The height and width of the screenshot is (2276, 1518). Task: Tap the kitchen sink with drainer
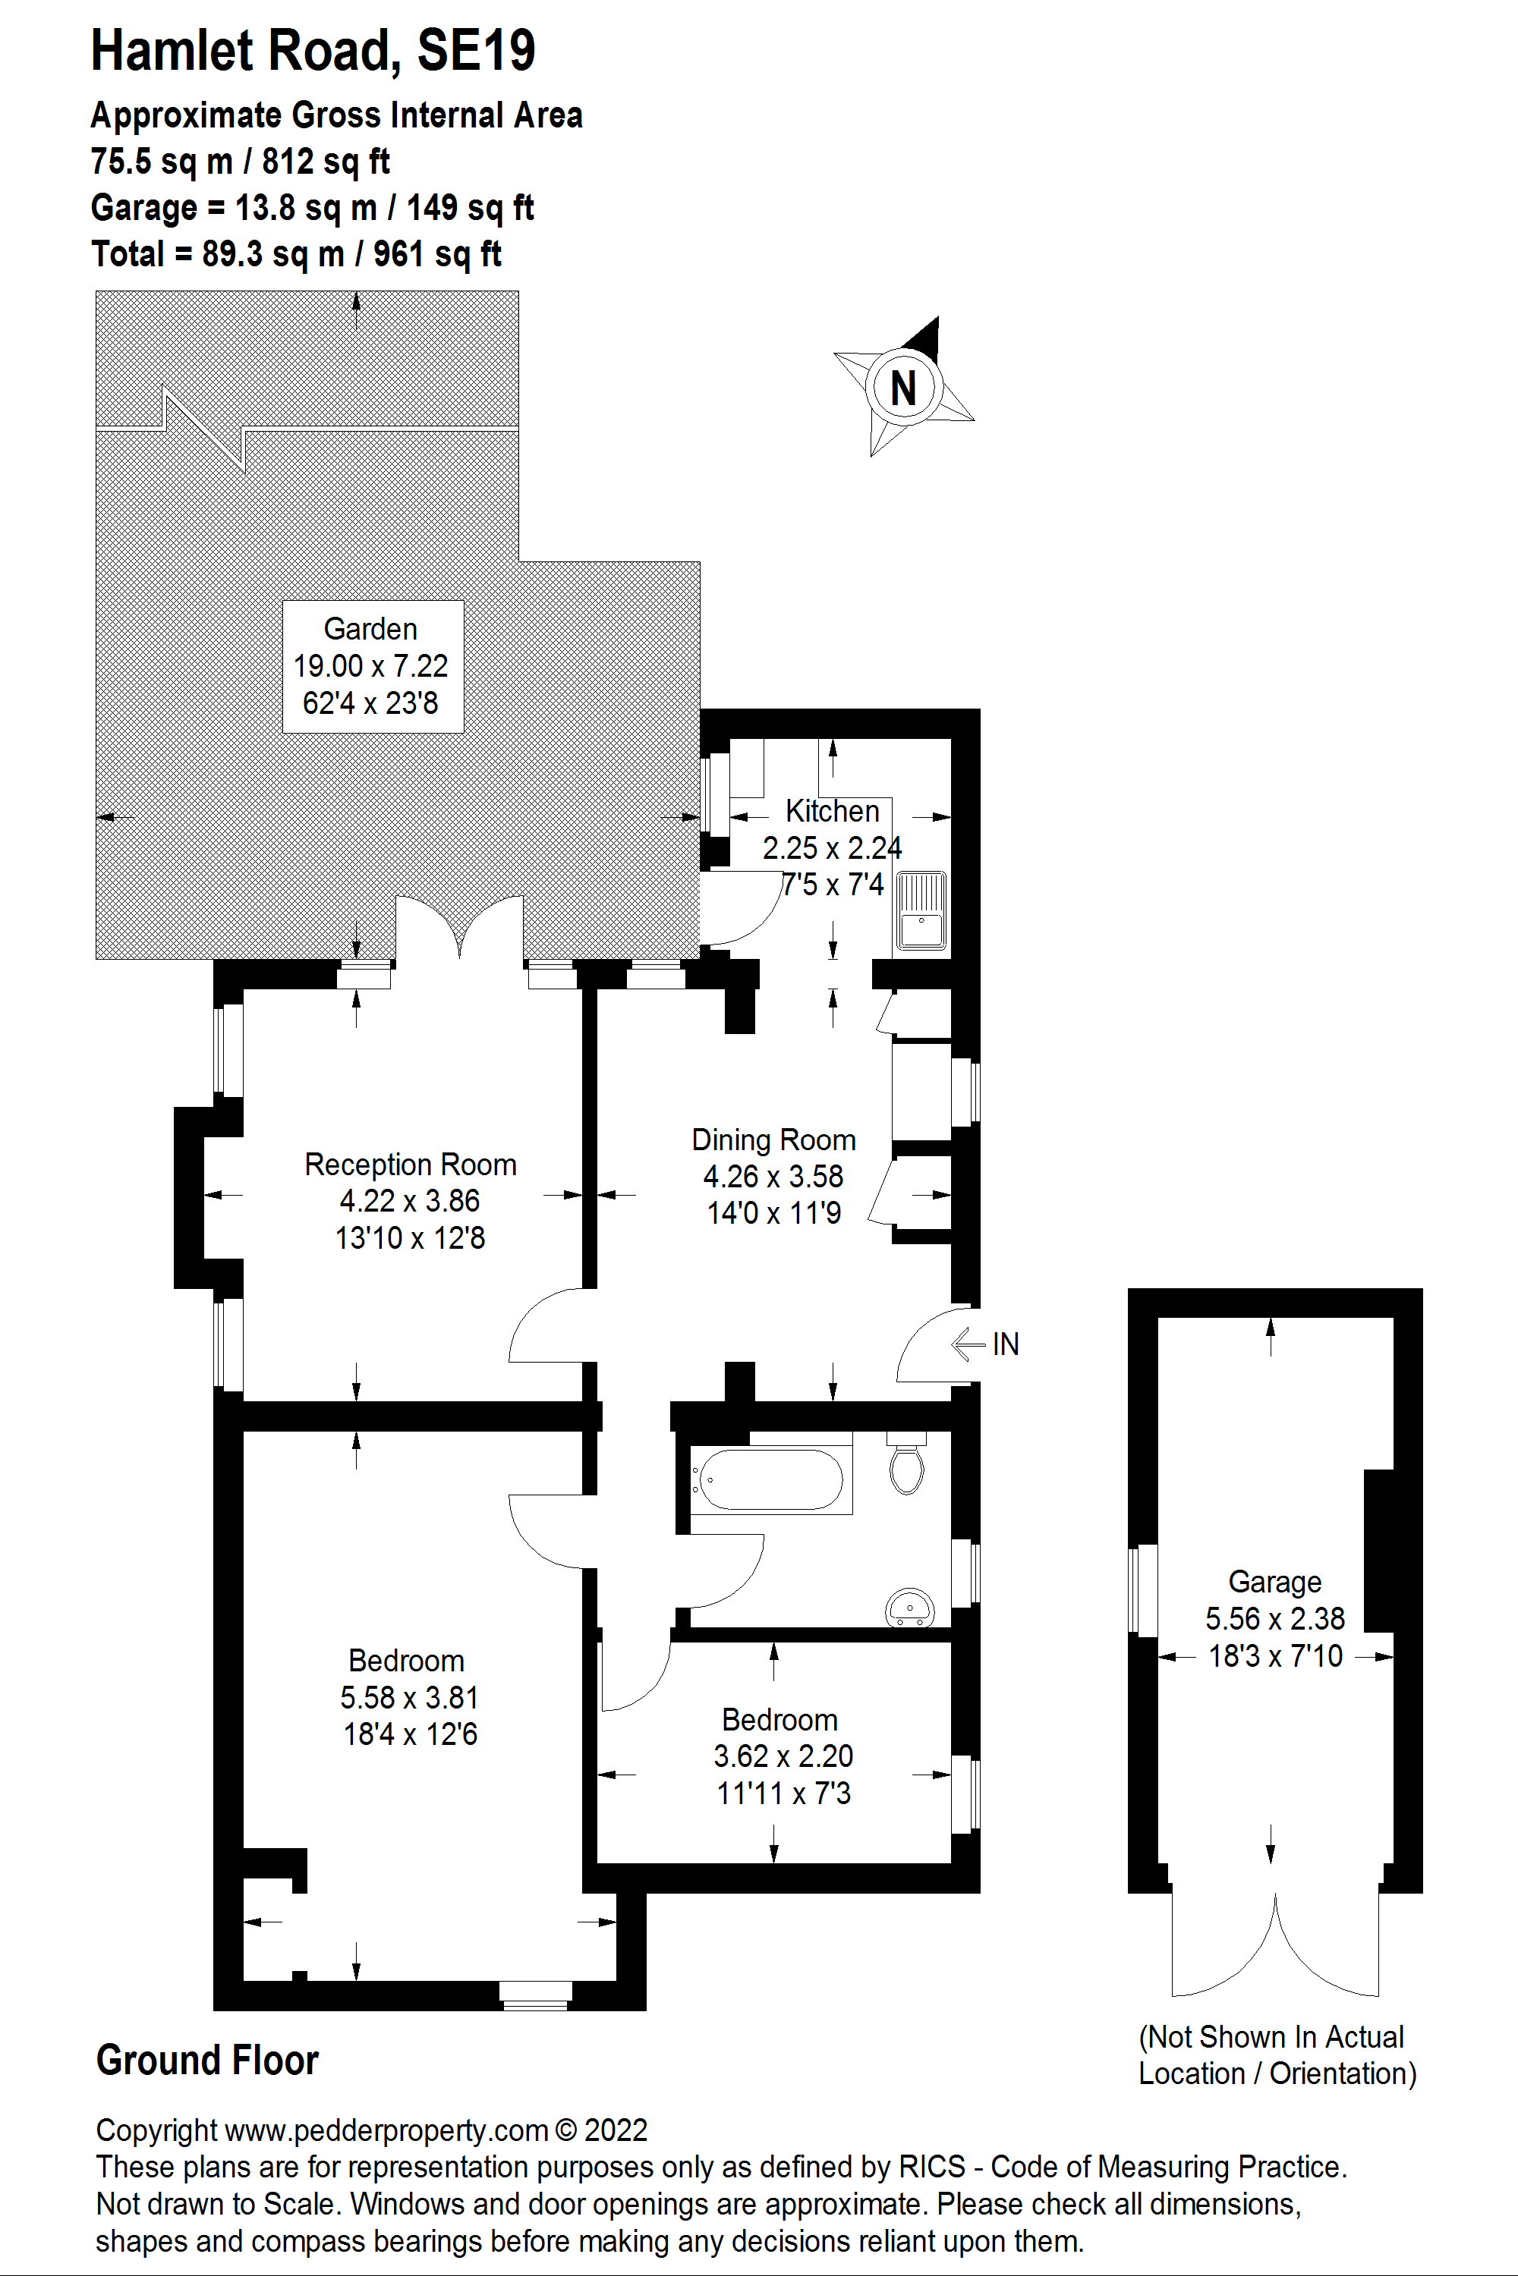click(x=921, y=910)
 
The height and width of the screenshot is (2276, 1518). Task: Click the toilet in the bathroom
click(x=906, y=1468)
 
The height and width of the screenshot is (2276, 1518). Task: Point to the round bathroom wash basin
click(x=909, y=1608)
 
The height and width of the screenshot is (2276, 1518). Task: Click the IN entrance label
click(x=1005, y=1344)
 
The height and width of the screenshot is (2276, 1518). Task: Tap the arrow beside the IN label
click(x=968, y=1344)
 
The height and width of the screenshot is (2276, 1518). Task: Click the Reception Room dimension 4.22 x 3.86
click(x=410, y=1201)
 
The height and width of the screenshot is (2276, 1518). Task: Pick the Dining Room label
click(x=773, y=1140)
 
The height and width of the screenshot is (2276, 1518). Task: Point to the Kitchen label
click(x=832, y=811)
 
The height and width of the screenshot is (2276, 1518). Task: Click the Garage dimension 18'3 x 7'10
click(x=1275, y=1655)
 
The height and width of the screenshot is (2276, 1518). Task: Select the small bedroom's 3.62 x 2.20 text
click(x=783, y=1756)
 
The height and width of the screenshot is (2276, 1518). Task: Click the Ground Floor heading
click(x=207, y=2061)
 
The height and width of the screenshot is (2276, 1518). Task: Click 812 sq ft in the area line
click(x=326, y=162)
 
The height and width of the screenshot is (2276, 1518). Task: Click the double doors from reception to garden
click(x=460, y=929)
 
